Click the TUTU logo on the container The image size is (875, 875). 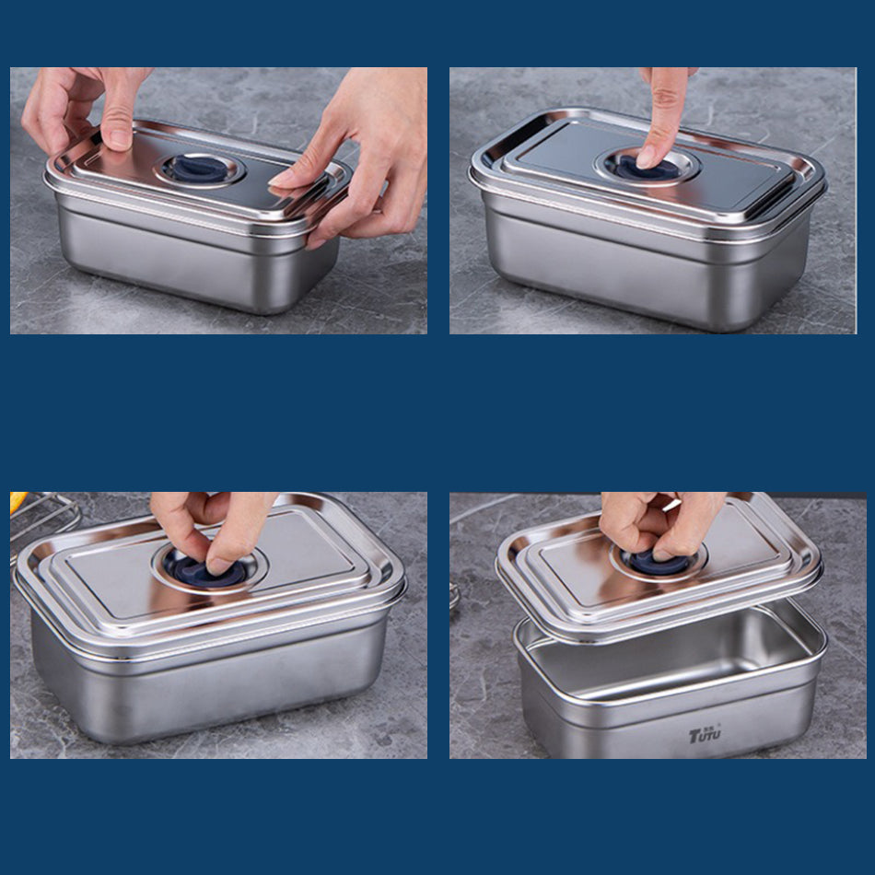[705, 734]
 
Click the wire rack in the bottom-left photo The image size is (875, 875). [41, 518]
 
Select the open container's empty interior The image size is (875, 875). [670, 656]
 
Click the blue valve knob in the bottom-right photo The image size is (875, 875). [659, 563]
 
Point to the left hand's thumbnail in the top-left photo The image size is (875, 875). [117, 139]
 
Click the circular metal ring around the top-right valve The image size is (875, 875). [647, 165]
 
